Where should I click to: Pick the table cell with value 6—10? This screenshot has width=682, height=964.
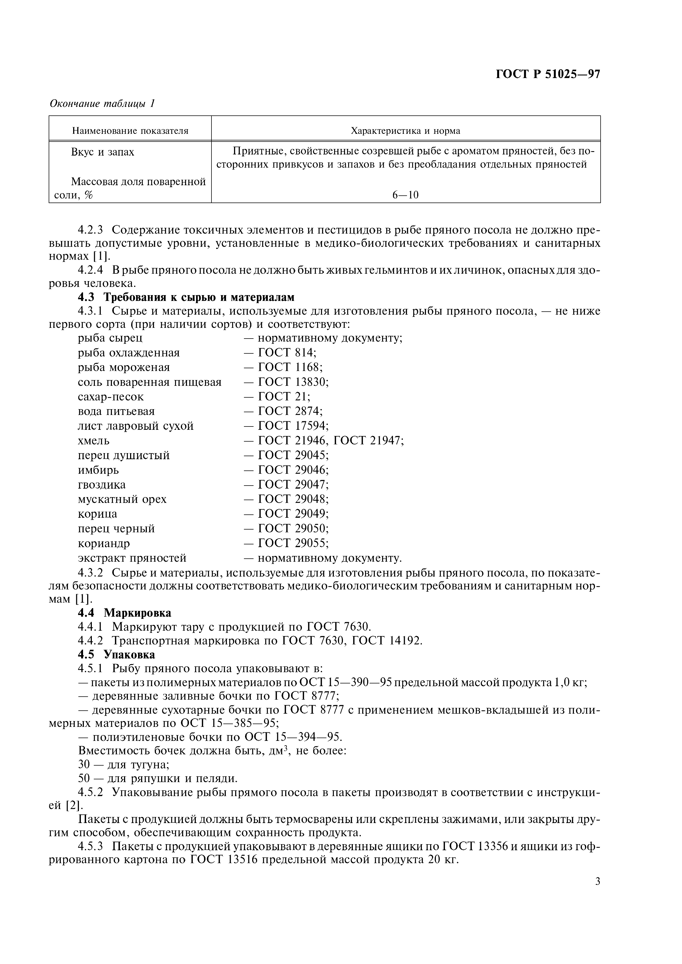pos(406,195)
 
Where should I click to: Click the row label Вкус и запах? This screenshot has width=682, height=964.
pos(103,152)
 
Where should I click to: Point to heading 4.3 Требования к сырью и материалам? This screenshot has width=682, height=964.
pos(186,297)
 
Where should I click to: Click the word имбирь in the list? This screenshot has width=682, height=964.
pos(98,470)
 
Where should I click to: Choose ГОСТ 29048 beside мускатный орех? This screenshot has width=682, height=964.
pos(293,499)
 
